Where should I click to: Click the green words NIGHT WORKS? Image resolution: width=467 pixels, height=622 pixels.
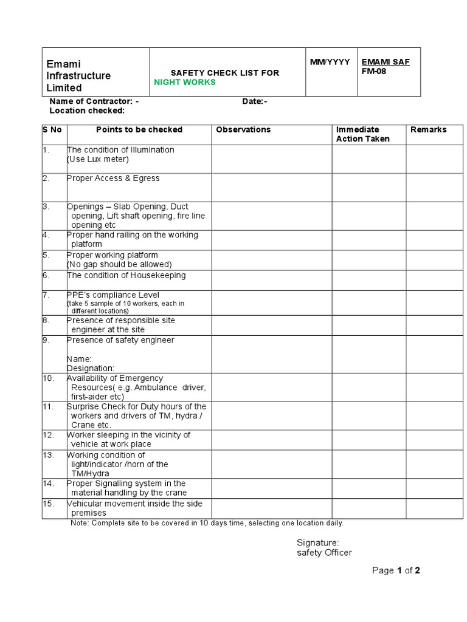[185, 83]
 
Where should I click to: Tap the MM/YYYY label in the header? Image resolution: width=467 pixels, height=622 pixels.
[330, 62]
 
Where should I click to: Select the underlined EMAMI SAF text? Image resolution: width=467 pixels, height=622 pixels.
[386, 62]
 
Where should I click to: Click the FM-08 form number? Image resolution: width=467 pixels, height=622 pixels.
[374, 71]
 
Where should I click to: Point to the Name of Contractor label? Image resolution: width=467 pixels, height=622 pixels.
[94, 101]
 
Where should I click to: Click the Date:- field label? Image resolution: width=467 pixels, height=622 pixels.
[255, 101]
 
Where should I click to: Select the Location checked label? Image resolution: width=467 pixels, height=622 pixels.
[87, 111]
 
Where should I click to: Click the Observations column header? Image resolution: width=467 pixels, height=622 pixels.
[243, 129]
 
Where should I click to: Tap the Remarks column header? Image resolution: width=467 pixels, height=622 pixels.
[428, 129]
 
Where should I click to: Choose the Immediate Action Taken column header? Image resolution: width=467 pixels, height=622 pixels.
[363, 134]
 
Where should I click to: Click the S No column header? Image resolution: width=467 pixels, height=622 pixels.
[53, 129]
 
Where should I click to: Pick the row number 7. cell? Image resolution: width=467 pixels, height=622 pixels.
[46, 295]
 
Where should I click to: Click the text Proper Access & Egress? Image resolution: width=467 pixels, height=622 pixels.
[113, 178]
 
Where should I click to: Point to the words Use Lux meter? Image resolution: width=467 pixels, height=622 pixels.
[99, 159]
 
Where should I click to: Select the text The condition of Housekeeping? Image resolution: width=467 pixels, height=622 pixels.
[126, 275]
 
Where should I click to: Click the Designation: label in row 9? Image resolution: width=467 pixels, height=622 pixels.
[90, 368]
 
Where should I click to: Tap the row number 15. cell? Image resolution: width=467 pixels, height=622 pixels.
[49, 504]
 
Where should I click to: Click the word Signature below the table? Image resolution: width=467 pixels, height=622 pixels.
[317, 542]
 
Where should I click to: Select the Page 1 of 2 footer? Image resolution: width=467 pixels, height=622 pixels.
[396, 570]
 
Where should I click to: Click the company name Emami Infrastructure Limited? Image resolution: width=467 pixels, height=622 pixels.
[79, 76]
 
